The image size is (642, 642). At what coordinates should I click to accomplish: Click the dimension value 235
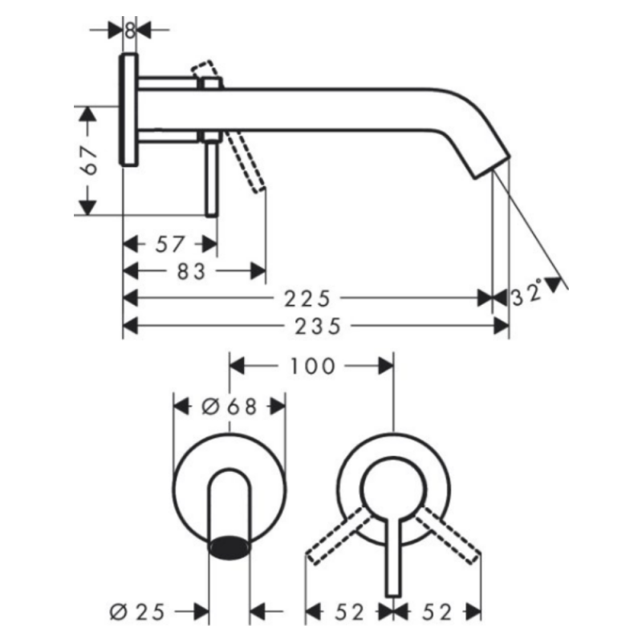tap(318, 327)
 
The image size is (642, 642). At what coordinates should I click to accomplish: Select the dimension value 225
tap(307, 299)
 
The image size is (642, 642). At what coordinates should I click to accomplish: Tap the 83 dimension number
tap(191, 271)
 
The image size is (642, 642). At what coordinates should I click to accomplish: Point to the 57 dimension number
tap(169, 245)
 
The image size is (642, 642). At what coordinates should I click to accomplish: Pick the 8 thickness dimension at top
tap(130, 30)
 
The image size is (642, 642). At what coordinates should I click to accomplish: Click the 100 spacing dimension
tap(313, 366)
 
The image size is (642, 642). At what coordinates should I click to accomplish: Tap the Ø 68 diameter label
tap(230, 407)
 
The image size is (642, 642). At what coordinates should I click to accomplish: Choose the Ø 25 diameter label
tap(137, 612)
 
